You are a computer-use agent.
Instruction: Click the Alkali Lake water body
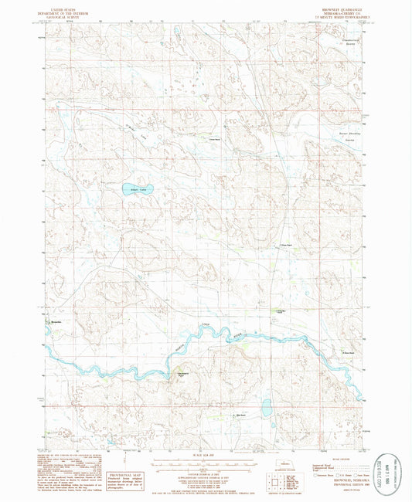click(138, 188)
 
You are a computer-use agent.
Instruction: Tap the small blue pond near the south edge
click(266, 406)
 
